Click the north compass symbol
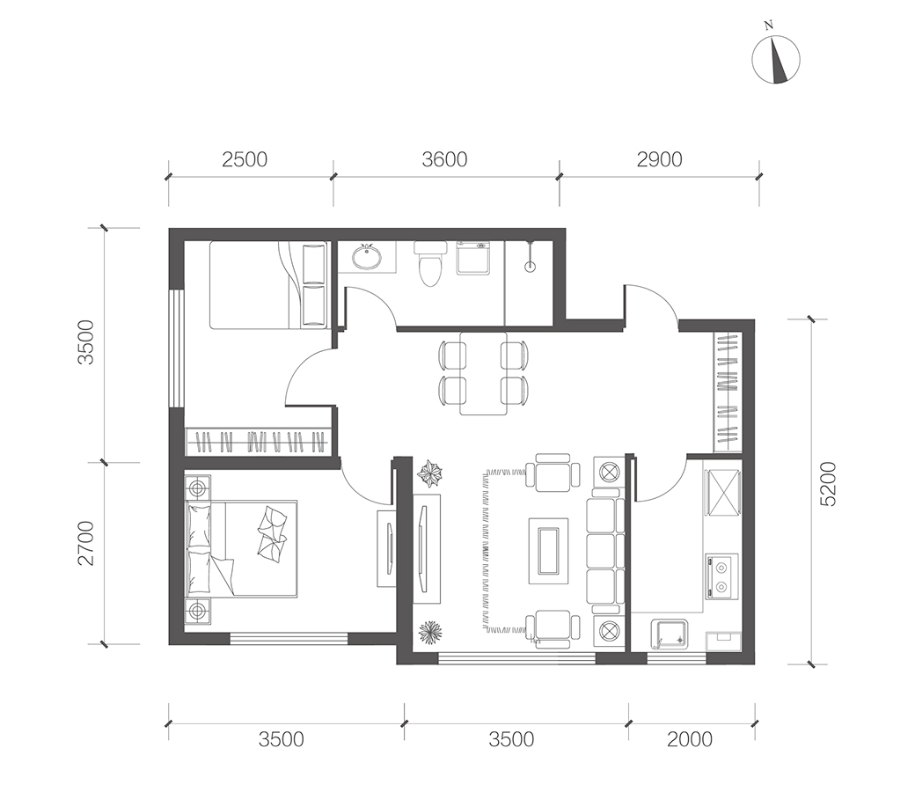tap(776, 58)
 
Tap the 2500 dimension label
tap(245, 159)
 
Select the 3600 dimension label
tap(444, 159)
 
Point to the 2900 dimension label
tap(659, 159)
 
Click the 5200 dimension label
tap(828, 484)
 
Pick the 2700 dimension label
tap(86, 543)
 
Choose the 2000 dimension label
tap(690, 739)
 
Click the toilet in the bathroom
tap(429, 264)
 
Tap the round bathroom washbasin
tap(367, 256)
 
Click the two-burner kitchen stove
tap(721, 576)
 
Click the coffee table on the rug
tap(548, 550)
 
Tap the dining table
tap(483, 372)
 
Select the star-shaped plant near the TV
tap(430, 473)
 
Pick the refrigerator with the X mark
tap(723, 493)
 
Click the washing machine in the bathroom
tap(473, 257)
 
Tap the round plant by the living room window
tap(430, 632)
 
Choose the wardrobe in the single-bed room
tap(259, 441)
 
